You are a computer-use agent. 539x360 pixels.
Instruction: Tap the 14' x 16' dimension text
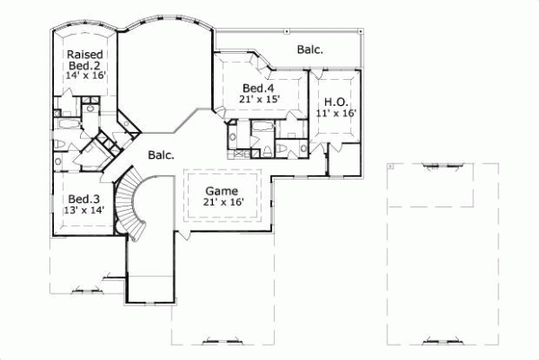pos(86,75)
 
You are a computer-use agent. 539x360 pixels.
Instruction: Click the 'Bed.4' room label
pos(258,88)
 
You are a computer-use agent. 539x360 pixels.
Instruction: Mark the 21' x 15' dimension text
pos(261,100)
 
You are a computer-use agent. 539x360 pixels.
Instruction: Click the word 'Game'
pos(221,191)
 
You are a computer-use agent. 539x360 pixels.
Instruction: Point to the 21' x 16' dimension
pos(225,203)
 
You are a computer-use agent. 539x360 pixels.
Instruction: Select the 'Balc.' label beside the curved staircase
pos(162,154)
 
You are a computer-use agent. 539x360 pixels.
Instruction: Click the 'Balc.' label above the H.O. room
pos(310,49)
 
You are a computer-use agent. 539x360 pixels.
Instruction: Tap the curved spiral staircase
pos(137,206)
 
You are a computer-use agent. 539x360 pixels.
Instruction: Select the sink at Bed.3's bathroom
pos(57,162)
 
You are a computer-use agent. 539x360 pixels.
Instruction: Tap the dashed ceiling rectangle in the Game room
pos(225,196)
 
